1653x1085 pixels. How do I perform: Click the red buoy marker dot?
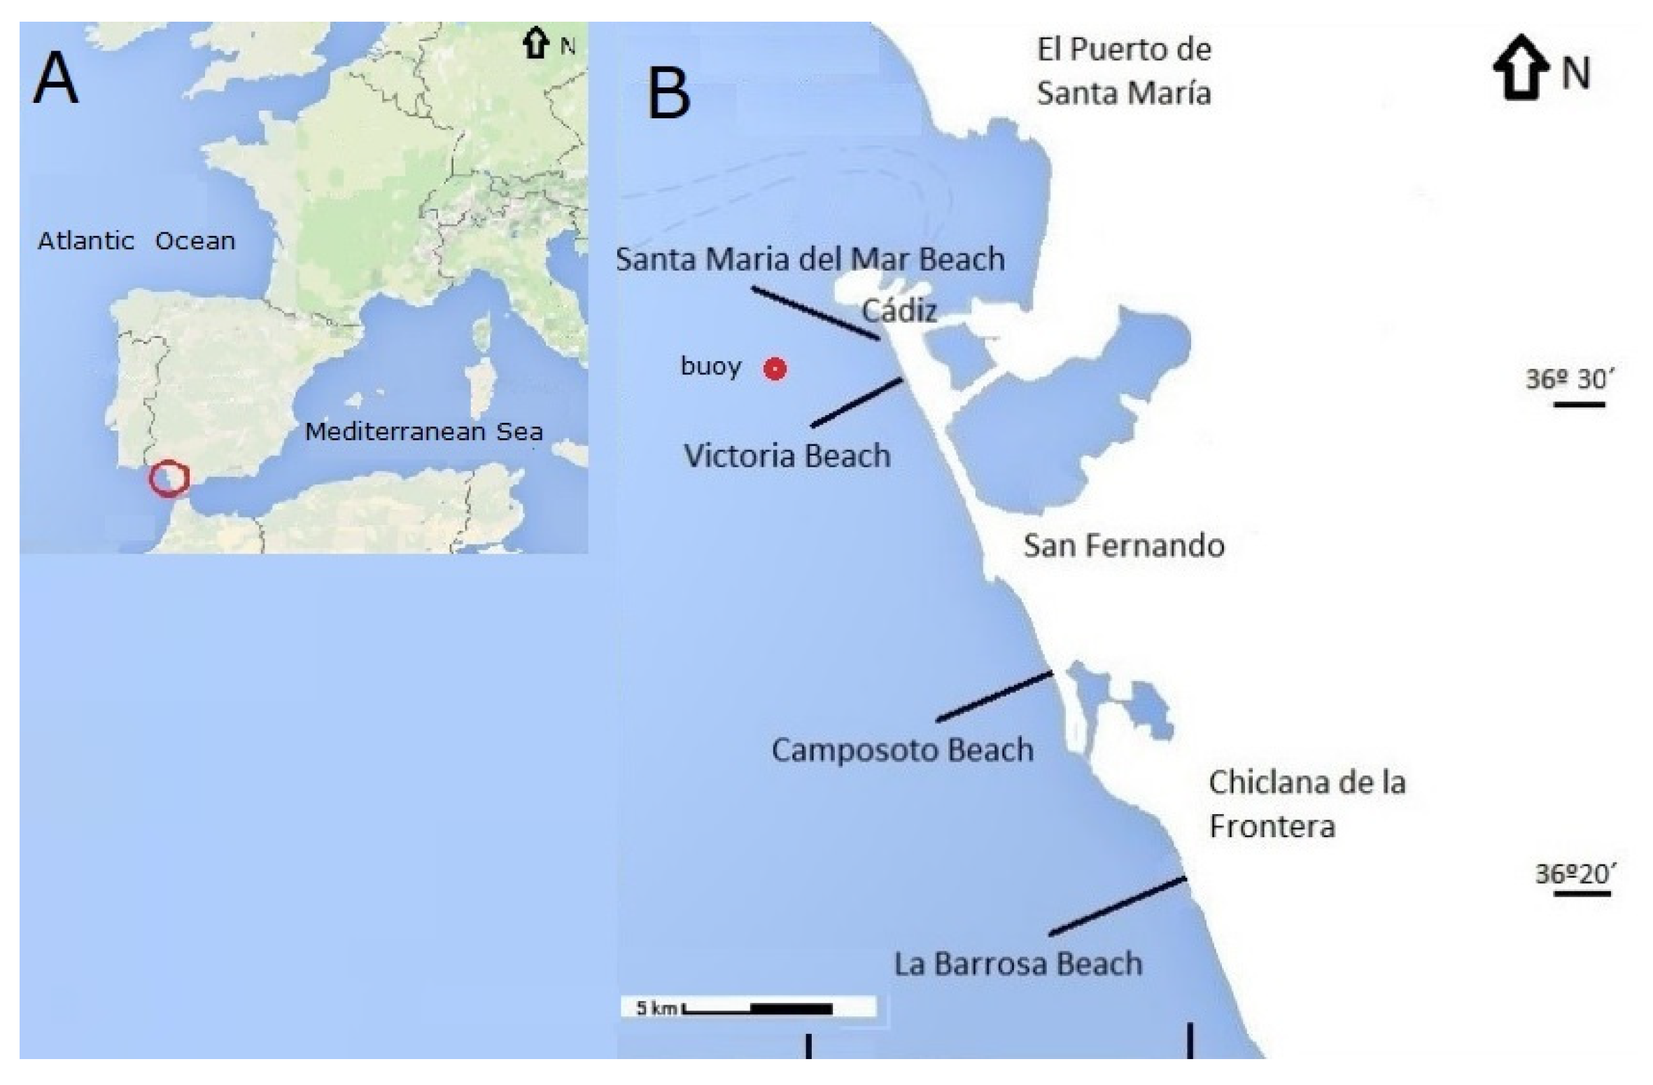(x=775, y=368)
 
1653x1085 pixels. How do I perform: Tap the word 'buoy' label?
(x=711, y=366)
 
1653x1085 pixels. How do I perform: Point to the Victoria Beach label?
(x=787, y=456)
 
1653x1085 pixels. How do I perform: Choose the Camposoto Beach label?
(x=902, y=750)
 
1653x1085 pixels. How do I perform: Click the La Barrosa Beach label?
(x=1018, y=964)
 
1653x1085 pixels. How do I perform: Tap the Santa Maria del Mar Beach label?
(x=810, y=260)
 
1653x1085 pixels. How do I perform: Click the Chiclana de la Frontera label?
(x=1307, y=804)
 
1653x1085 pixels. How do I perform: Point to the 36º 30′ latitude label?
(x=1570, y=380)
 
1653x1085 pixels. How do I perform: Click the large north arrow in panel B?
(x=1520, y=67)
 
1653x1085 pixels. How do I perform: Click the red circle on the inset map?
(x=169, y=479)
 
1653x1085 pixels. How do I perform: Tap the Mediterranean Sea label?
(x=424, y=432)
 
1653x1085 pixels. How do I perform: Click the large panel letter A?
(x=55, y=79)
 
